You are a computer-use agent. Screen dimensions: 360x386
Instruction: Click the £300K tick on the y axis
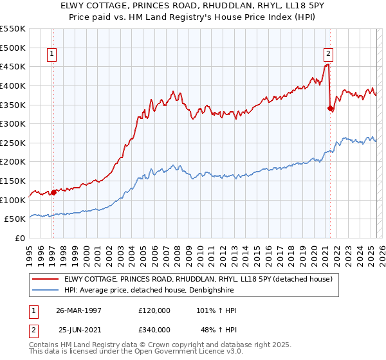click(14, 123)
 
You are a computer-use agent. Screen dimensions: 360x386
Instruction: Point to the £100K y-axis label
click(14, 200)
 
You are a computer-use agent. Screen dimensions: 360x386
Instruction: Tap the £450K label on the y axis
click(14, 66)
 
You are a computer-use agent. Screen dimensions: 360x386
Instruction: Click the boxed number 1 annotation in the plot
click(51, 55)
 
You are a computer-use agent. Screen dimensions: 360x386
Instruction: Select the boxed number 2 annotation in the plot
click(328, 55)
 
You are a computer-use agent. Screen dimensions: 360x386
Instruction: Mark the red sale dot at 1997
click(53, 192)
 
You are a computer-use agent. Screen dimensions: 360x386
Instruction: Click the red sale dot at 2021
click(330, 108)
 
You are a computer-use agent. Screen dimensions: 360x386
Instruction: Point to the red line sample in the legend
click(46, 279)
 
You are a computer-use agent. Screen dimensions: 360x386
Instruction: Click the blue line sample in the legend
click(46, 291)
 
